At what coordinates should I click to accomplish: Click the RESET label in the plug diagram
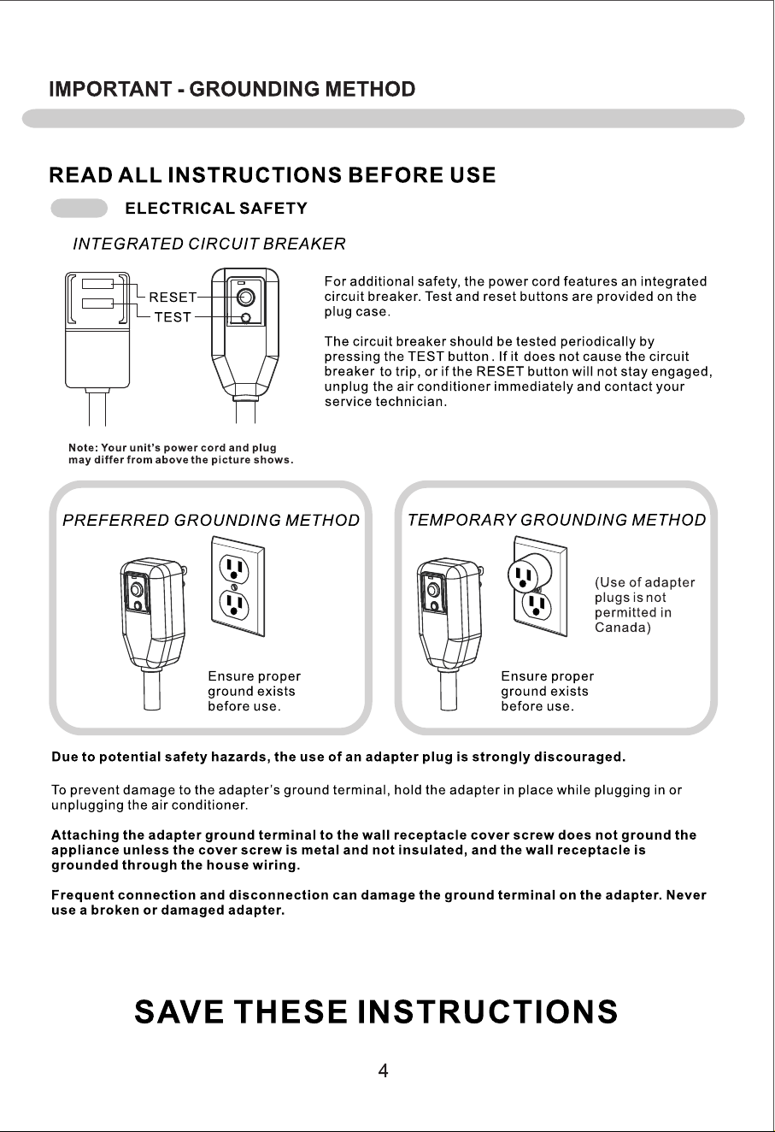[173, 298]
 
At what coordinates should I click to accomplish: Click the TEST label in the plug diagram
[173, 317]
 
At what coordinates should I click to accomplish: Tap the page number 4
[383, 1070]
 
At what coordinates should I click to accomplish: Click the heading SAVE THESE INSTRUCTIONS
[376, 1011]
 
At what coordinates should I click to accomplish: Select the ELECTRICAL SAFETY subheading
[216, 209]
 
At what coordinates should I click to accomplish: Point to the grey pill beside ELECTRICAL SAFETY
[79, 209]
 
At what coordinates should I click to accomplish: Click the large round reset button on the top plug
[246, 298]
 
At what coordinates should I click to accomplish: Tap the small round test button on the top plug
[246, 318]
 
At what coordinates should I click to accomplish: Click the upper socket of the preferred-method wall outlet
[234, 569]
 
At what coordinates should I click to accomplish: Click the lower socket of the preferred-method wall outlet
[234, 605]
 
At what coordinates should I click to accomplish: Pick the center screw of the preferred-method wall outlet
[234, 587]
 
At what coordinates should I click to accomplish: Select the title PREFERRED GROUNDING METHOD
[211, 521]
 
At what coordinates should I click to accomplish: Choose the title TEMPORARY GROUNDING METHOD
[556, 520]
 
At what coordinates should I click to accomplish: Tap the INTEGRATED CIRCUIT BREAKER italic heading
[209, 244]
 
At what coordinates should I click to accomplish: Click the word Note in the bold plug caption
[82, 448]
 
